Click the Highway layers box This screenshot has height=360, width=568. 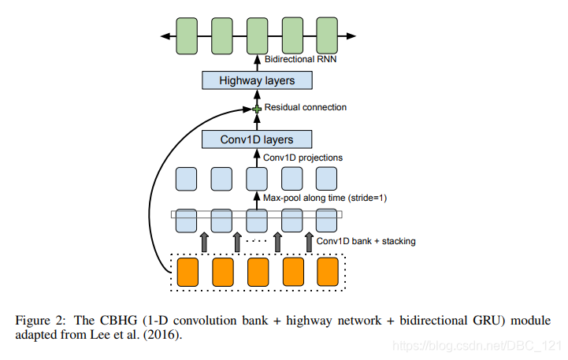pyautogui.click(x=258, y=80)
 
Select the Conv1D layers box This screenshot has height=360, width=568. pyautogui.click(x=258, y=140)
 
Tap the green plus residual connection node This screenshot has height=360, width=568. pyautogui.click(x=257, y=109)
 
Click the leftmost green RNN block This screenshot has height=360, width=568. pyautogui.click(x=187, y=36)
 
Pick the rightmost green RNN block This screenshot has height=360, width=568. pyautogui.click(x=327, y=36)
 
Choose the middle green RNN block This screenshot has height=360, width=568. pyautogui.click(x=257, y=36)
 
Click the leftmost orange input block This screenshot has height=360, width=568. pyautogui.click(x=187, y=271)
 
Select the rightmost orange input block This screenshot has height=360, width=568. pyautogui.click(x=327, y=271)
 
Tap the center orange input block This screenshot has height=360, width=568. pyautogui.click(x=257, y=271)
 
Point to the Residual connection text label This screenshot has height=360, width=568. pyautogui.click(x=306, y=108)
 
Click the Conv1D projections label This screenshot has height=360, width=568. pyautogui.click(x=303, y=158)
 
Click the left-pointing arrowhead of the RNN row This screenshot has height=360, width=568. pyautogui.click(x=164, y=36)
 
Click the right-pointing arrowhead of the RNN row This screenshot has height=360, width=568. pyautogui.click(x=351, y=36)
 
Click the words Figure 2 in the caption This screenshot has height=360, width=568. pyautogui.click(x=38, y=321)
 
